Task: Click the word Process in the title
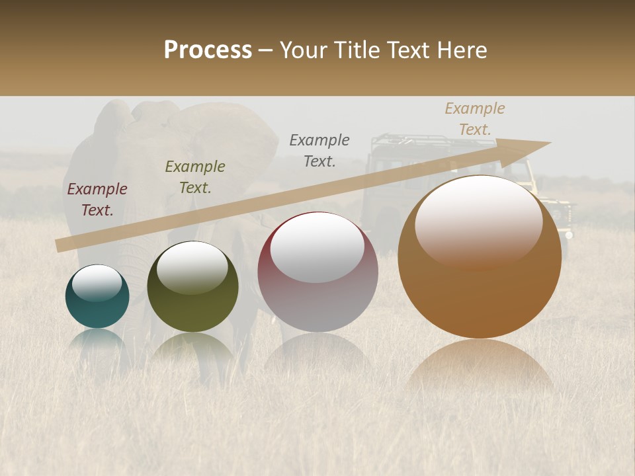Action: (x=208, y=50)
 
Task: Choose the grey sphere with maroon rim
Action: (x=317, y=272)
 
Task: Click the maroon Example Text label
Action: (x=97, y=200)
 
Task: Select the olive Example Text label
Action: (x=195, y=177)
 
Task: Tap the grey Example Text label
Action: (x=319, y=150)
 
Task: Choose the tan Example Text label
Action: (x=475, y=119)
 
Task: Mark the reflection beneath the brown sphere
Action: (x=480, y=367)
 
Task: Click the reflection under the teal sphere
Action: (x=97, y=340)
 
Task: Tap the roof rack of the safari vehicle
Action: (x=411, y=140)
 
